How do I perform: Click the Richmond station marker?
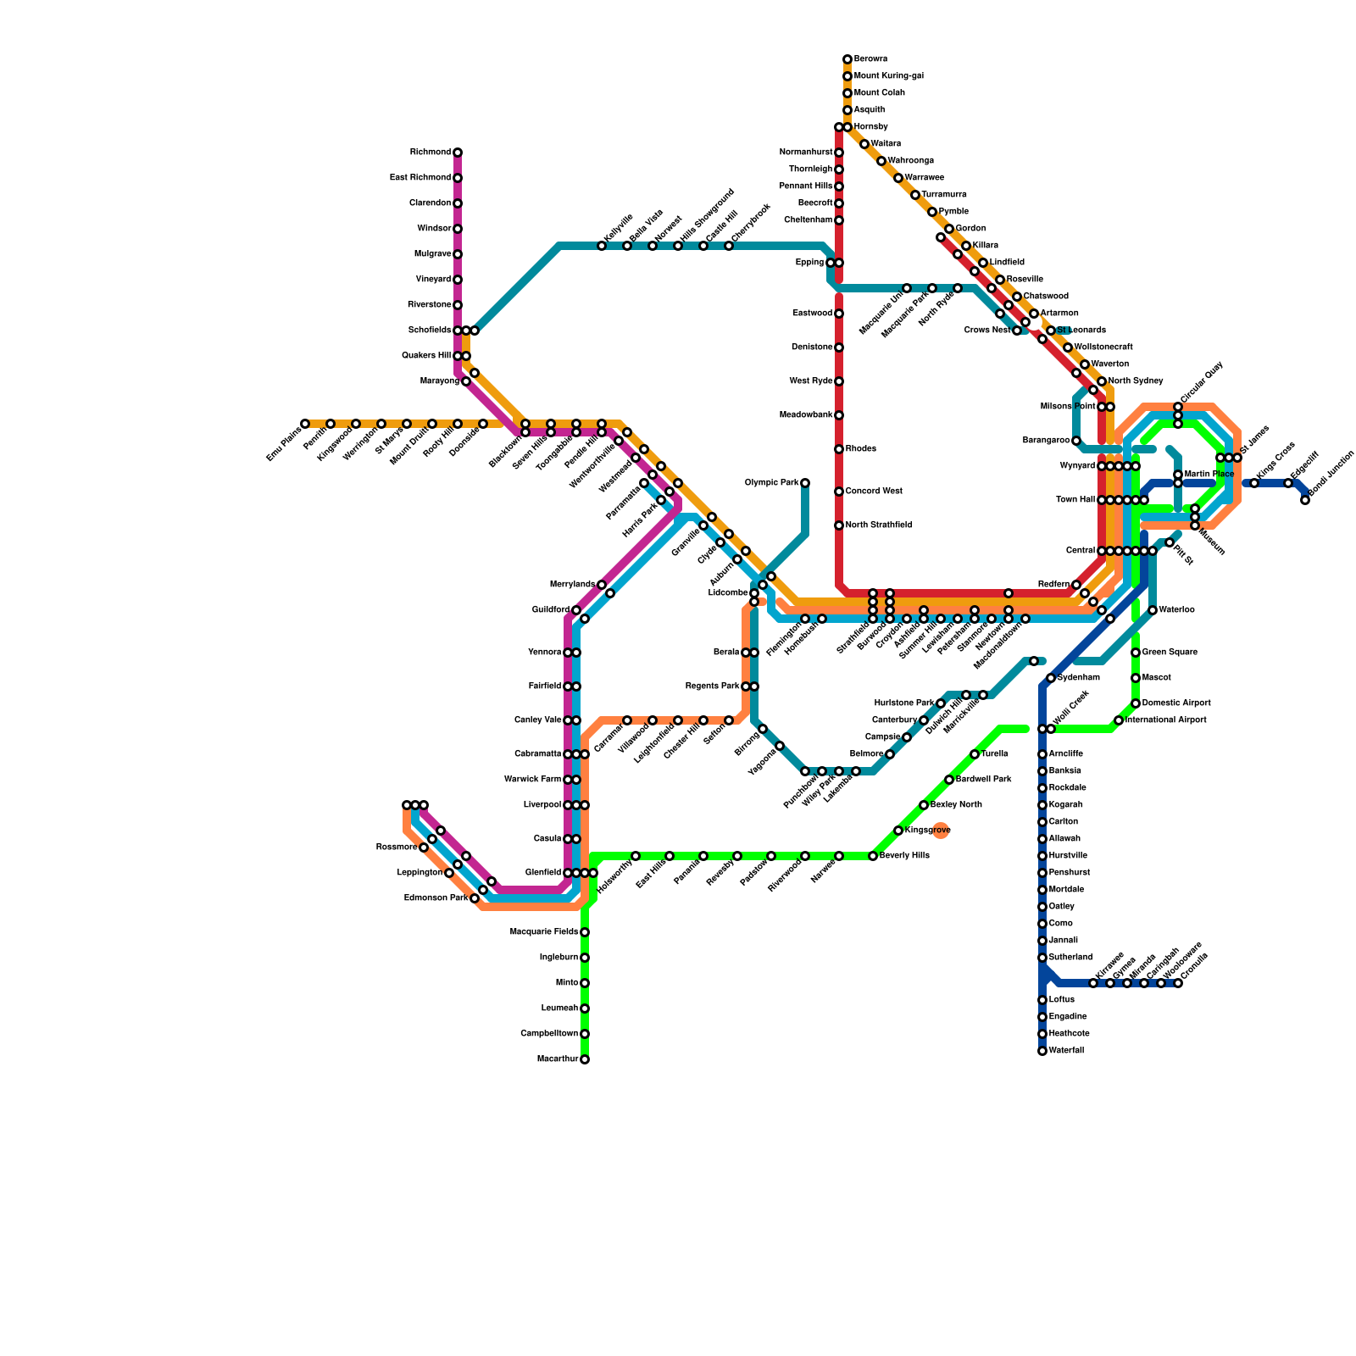point(458,153)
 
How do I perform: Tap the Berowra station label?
point(870,59)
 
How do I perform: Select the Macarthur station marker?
point(585,1059)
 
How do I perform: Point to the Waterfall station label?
point(1066,1051)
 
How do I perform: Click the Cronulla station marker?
point(1178,983)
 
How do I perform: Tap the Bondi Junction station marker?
point(1305,500)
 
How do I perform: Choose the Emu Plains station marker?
point(305,424)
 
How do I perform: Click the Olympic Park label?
point(771,483)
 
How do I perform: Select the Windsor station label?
point(434,229)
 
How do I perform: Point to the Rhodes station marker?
point(839,449)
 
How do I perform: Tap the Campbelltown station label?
point(549,1034)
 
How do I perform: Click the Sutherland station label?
point(1070,958)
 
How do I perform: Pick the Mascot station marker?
point(1136,678)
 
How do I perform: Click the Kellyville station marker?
point(602,246)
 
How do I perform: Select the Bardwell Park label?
point(983,780)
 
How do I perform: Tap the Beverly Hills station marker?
point(873,856)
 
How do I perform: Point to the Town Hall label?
point(1075,500)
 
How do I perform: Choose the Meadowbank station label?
point(806,415)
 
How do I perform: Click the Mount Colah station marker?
point(847,93)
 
